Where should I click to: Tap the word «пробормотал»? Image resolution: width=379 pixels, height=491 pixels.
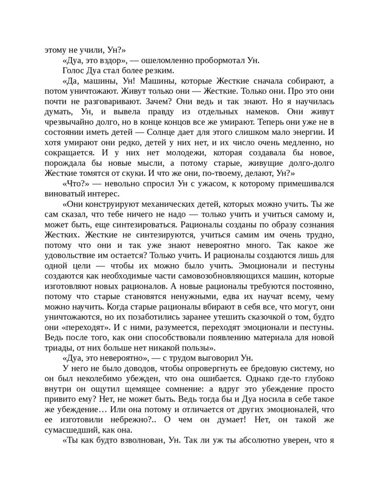point(221,60)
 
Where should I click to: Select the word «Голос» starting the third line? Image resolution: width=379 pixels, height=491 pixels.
point(73,70)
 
